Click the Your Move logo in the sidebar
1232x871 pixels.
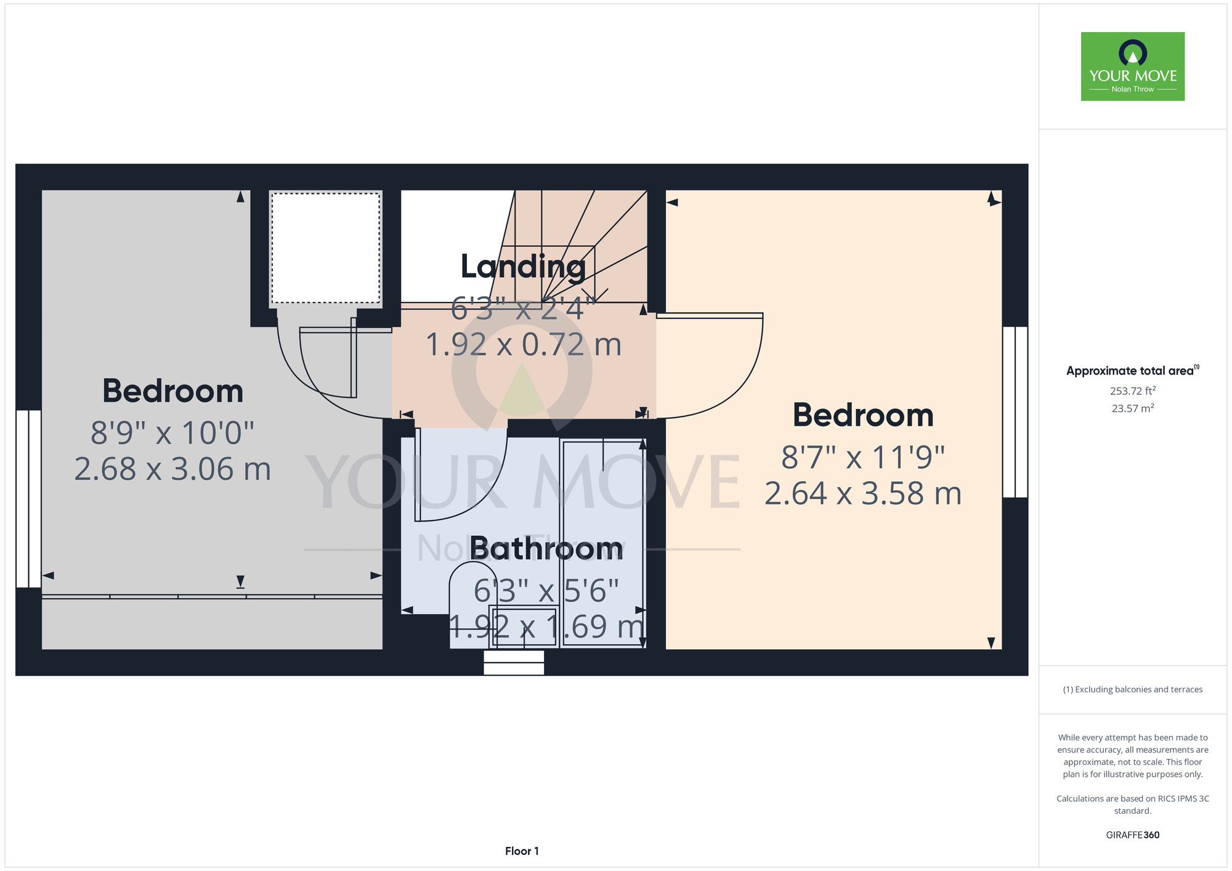pyautogui.click(x=1133, y=67)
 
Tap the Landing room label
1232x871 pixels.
pyautogui.click(x=523, y=267)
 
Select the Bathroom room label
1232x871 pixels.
pyautogui.click(x=546, y=548)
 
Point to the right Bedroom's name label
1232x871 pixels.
pyautogui.click(x=863, y=415)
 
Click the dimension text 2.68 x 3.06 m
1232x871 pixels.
pyautogui.click(x=173, y=469)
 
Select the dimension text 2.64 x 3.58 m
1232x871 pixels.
pyautogui.click(x=863, y=493)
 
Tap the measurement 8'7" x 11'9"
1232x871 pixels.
pyautogui.click(x=863, y=457)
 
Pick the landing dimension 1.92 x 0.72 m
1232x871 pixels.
pyautogui.click(x=524, y=344)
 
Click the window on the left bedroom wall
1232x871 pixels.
pyautogui.click(x=28, y=499)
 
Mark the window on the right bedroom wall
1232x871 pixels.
pyautogui.click(x=1015, y=412)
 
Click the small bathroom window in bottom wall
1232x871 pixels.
pyautogui.click(x=514, y=663)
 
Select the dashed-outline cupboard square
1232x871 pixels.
pyautogui.click(x=326, y=248)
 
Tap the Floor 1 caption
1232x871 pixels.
pyautogui.click(x=522, y=851)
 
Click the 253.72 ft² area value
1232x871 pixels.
pyautogui.click(x=1133, y=391)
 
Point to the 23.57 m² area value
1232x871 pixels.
pyautogui.click(x=1133, y=408)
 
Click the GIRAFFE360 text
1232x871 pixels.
pyautogui.click(x=1133, y=835)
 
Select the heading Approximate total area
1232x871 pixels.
pyautogui.click(x=1133, y=370)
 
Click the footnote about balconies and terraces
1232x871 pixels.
pyautogui.click(x=1133, y=689)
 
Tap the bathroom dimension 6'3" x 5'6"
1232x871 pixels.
pyautogui.click(x=546, y=591)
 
